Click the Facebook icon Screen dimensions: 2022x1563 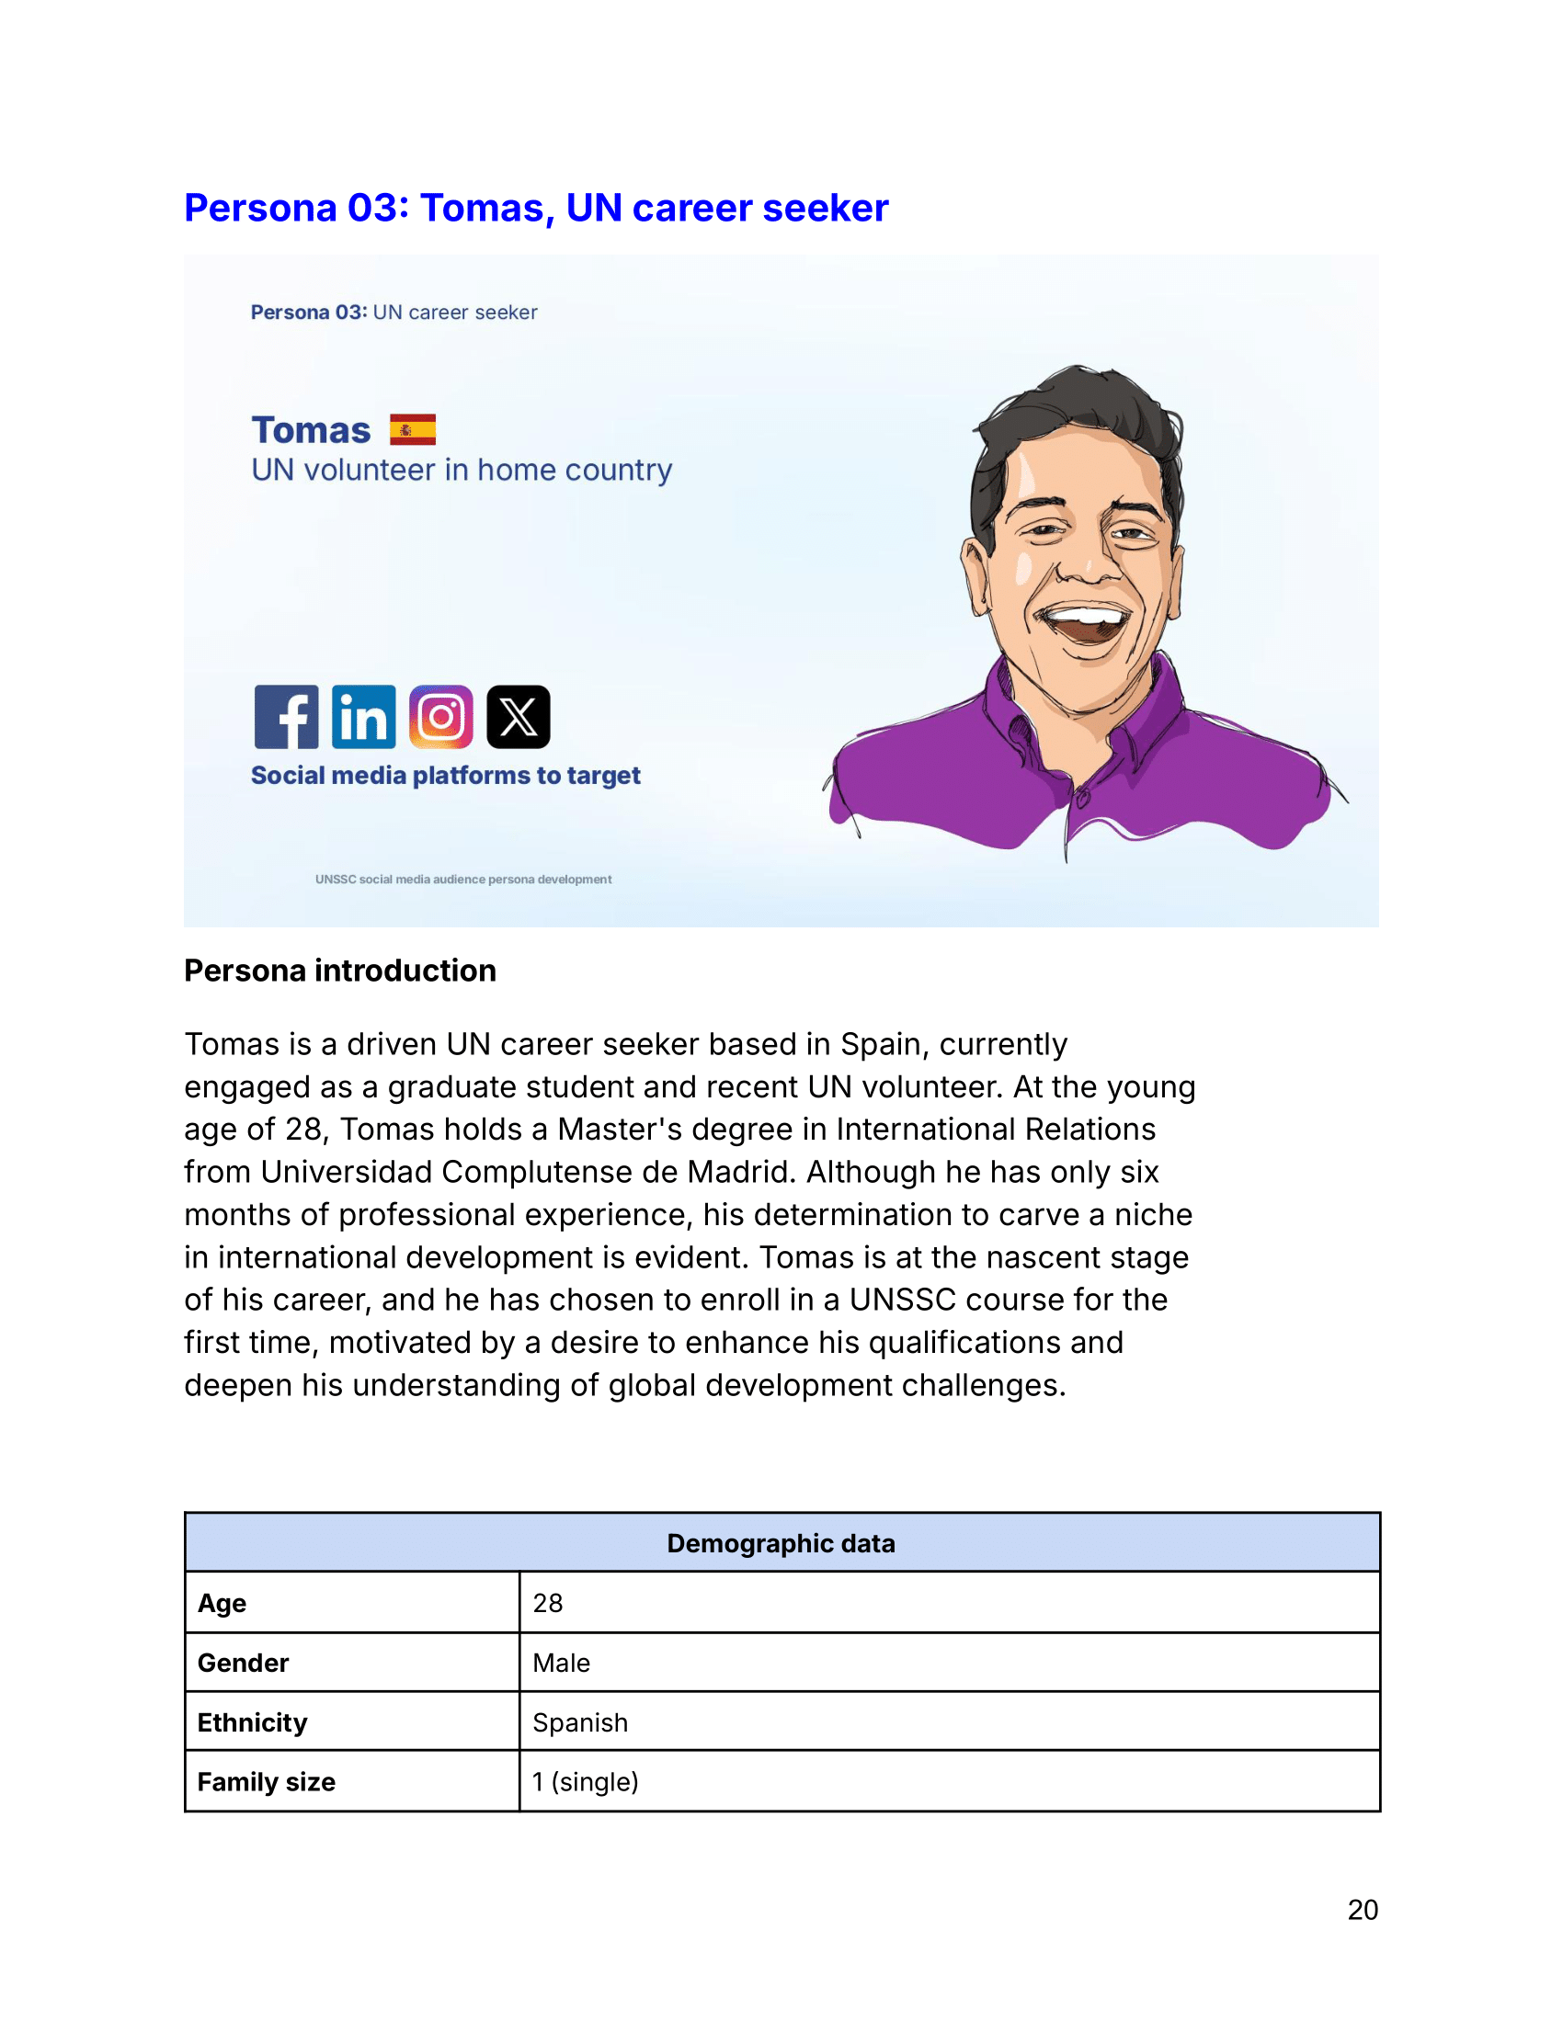[286, 717]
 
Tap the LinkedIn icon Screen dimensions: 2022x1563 [364, 717]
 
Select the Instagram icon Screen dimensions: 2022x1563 [440, 717]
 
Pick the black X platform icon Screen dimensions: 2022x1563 [519, 717]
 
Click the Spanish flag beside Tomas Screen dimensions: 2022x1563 [413, 429]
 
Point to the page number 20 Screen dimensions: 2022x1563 [1362, 1909]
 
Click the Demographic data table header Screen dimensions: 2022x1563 [781, 1543]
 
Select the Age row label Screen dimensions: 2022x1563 [222, 1603]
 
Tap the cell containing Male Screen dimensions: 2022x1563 [561, 1663]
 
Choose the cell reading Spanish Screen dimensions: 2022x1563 [579, 1722]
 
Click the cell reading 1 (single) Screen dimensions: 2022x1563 [585, 1781]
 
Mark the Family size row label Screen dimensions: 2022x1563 [266, 1781]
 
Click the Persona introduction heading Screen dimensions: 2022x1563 [340, 971]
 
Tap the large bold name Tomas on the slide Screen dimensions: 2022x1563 [311, 430]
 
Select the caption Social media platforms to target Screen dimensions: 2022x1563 [445, 775]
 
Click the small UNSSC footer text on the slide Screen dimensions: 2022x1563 [463, 879]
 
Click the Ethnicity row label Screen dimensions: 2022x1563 [252, 1722]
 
